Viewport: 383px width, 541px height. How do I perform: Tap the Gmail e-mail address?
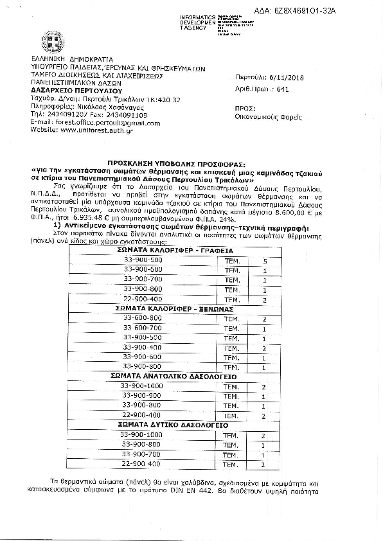(96, 122)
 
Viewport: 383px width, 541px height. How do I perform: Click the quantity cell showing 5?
(264, 260)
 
